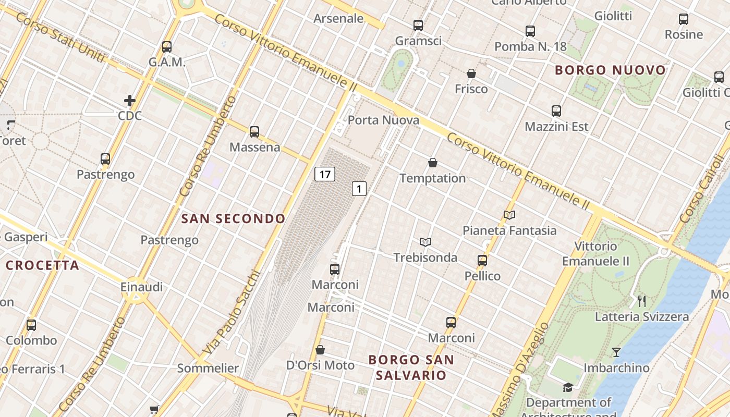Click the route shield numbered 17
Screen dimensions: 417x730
click(324, 174)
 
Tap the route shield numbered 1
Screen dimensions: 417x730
click(359, 189)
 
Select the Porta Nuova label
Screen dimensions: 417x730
click(383, 120)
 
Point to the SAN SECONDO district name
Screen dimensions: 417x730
click(233, 219)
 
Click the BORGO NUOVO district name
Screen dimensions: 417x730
click(610, 70)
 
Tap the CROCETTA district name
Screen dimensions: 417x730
click(42, 265)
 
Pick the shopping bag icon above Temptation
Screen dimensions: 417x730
click(432, 163)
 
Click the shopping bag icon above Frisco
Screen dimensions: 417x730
click(471, 73)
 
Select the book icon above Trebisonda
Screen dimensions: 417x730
click(425, 242)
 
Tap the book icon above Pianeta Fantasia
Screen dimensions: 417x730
click(509, 215)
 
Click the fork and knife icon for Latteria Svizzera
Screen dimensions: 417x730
click(642, 301)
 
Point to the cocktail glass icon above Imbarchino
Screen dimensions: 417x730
click(616, 352)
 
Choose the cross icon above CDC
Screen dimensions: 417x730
click(130, 100)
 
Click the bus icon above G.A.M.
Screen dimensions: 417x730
click(167, 47)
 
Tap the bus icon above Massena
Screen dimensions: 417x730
click(254, 132)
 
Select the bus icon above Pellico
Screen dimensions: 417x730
click(482, 261)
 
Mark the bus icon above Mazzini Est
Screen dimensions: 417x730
click(556, 111)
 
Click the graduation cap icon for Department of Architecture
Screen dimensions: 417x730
click(568, 387)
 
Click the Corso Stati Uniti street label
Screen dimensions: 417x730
click(60, 40)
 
